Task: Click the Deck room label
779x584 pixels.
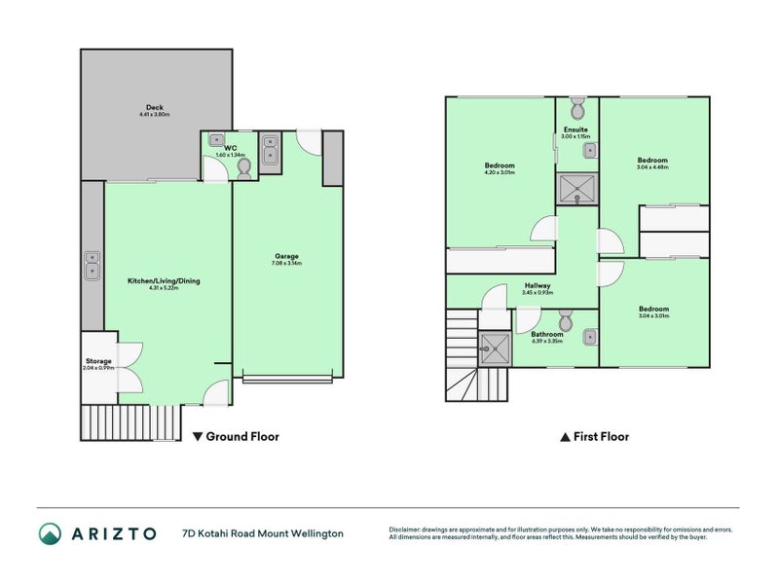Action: click(154, 107)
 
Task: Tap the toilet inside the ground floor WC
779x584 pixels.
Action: click(243, 168)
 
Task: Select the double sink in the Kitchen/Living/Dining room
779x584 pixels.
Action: click(92, 265)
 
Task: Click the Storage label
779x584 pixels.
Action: click(98, 360)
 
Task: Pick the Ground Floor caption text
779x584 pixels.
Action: click(237, 437)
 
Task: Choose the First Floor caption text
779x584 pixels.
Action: click(594, 437)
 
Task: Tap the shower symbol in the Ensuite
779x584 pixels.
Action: click(575, 188)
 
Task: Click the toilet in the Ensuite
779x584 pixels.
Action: click(576, 105)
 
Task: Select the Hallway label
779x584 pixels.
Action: click(537, 285)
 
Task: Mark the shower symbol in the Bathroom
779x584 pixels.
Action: click(496, 346)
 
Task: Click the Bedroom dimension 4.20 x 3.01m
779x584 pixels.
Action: click(500, 172)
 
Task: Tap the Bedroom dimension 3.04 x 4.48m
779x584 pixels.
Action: click(652, 167)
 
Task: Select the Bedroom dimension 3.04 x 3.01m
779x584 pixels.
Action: click(652, 316)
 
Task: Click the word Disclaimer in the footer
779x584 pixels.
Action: click(408, 529)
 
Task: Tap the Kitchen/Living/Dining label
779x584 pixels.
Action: click(164, 280)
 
